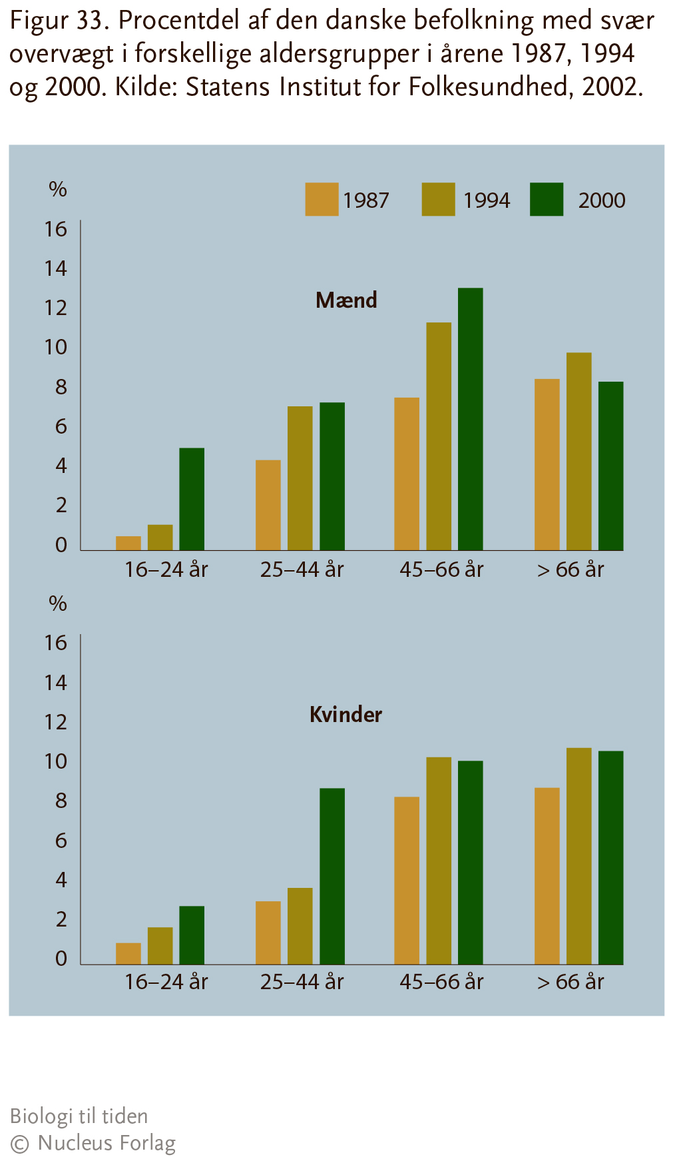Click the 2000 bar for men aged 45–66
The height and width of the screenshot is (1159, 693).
coord(471,419)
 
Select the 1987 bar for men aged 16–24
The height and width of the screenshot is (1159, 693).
coord(128,543)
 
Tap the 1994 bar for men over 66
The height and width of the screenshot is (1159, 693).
coord(579,451)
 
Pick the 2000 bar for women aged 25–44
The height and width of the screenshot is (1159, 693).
coord(332,876)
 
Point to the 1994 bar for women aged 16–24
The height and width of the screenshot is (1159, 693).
coord(160,945)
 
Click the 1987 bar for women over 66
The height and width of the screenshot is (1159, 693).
coord(547,876)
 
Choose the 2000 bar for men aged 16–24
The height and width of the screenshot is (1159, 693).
coord(192,499)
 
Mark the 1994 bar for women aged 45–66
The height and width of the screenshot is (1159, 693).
coord(439,861)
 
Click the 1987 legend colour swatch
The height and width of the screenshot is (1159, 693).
coord(322,199)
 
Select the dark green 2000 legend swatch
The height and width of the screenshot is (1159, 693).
coord(547,199)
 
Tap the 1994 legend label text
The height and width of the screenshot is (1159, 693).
coord(487,200)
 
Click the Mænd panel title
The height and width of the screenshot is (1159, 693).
coord(346,300)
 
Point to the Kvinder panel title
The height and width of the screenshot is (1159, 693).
coord(346,715)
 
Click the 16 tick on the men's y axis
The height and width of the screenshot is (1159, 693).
coord(56,229)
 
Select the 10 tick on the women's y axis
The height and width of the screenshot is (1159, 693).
coord(56,761)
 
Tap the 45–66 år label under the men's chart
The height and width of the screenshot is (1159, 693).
coord(441,570)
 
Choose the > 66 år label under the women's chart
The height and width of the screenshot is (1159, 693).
coord(571,982)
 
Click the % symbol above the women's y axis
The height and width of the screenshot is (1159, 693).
coord(58,603)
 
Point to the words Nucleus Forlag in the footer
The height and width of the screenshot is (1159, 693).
coord(107,1143)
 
